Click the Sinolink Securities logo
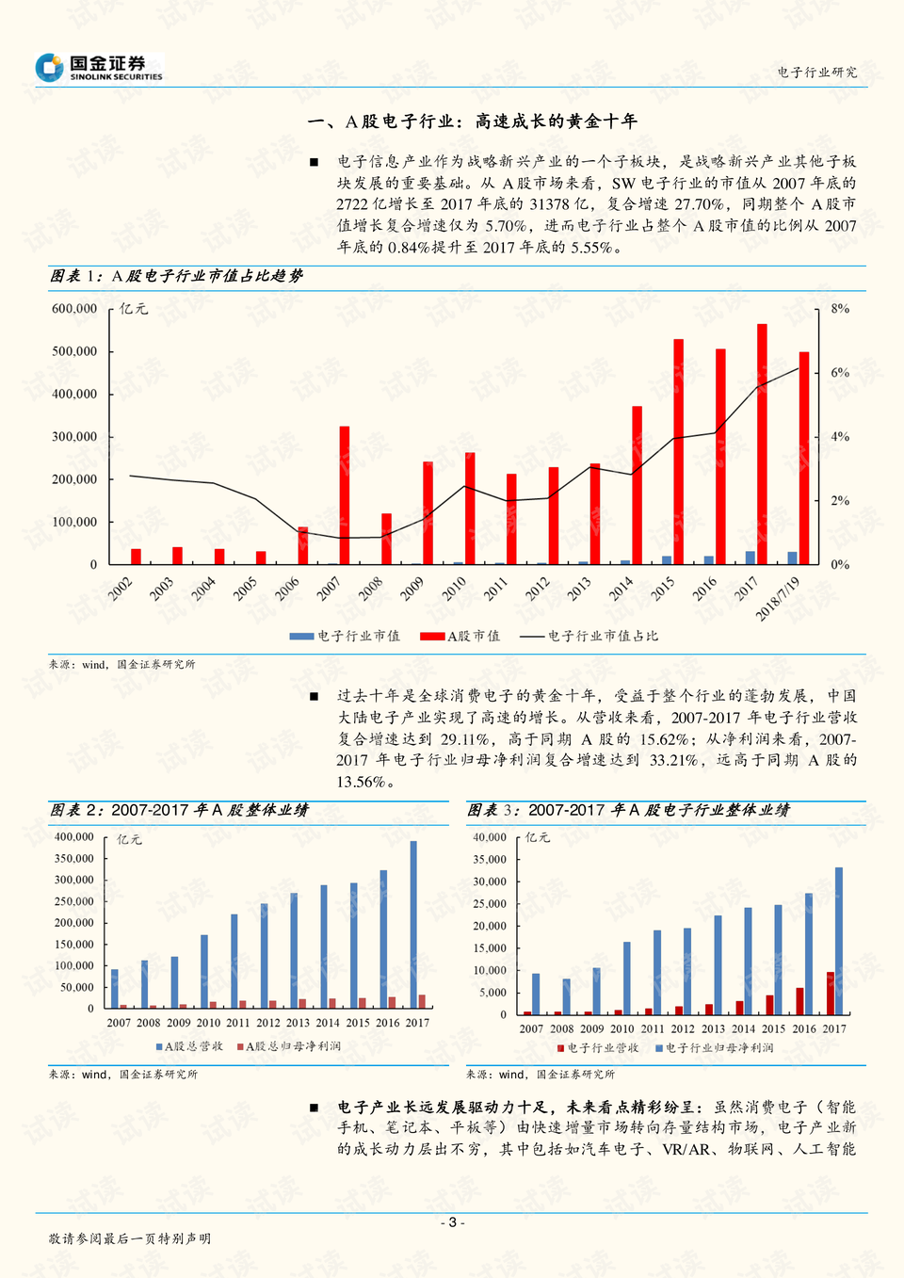click(x=99, y=67)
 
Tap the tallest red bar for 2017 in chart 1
click(x=762, y=443)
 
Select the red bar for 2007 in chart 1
click(x=345, y=494)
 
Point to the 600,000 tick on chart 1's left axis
click(x=74, y=309)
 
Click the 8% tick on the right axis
click(x=840, y=309)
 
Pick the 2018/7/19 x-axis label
click(x=779, y=599)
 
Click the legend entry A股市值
click(x=461, y=637)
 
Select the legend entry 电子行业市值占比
click(x=590, y=637)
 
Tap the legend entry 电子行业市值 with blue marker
click(x=346, y=637)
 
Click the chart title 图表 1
click(x=176, y=276)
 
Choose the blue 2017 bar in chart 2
click(x=413, y=924)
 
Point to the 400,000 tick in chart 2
click(x=74, y=837)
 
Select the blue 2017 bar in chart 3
click(x=839, y=941)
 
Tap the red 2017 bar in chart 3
click(x=831, y=993)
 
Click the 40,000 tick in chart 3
click(x=490, y=837)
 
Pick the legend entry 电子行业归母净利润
click(x=715, y=1048)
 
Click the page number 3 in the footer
click(x=452, y=1222)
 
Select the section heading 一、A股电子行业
click(x=473, y=121)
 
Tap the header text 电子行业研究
click(x=817, y=73)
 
